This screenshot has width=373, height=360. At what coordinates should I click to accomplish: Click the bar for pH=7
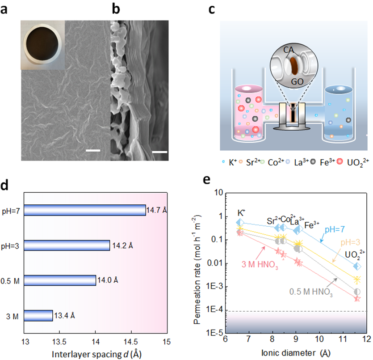coord(85,210)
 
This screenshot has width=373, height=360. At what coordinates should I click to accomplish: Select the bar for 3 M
coord(38,316)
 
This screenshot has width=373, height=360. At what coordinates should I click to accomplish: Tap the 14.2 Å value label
coord(121,246)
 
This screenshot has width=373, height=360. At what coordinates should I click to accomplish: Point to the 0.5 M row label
coord(12,281)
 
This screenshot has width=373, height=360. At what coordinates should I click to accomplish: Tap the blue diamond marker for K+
coord(240,222)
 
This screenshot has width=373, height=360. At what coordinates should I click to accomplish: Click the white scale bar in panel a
coord(93,150)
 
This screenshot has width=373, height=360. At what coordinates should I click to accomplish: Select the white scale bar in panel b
coord(159,152)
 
